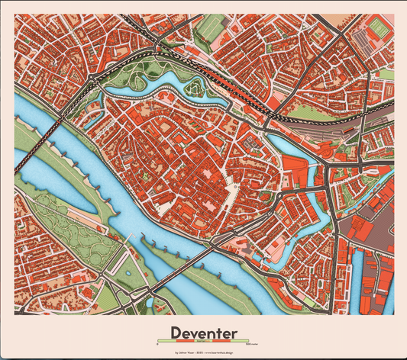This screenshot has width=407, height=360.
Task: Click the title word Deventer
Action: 203,333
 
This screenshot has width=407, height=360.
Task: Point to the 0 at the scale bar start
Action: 157,344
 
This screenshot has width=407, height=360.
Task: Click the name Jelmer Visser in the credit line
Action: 186,353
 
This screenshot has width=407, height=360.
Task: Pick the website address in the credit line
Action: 221,353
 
